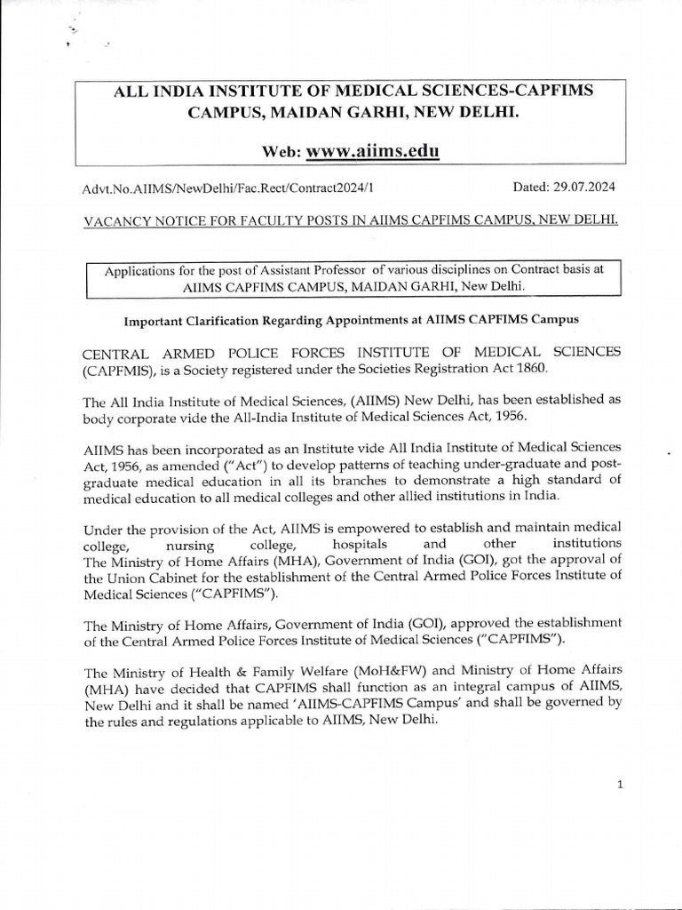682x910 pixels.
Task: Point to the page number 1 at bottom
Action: [621, 784]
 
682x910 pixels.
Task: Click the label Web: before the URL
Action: [282, 152]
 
